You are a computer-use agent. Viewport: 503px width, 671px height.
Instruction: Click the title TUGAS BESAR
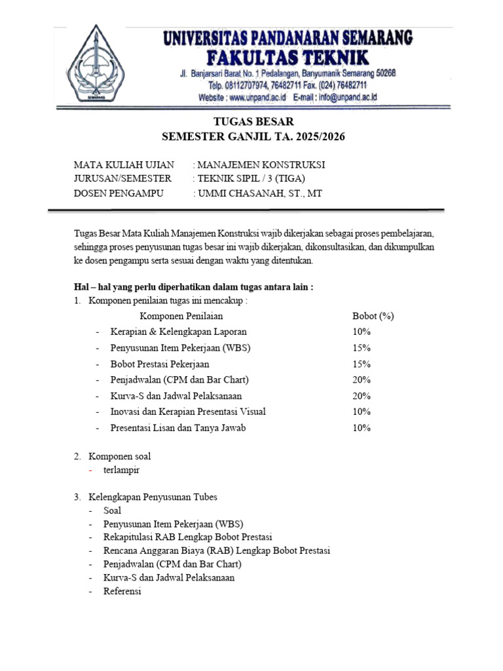(x=253, y=122)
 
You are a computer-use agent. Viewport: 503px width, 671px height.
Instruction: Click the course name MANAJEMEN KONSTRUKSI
(x=261, y=164)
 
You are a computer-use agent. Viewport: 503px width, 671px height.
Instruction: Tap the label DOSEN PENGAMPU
(x=118, y=193)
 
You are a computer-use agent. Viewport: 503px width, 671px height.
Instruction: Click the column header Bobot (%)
(x=373, y=316)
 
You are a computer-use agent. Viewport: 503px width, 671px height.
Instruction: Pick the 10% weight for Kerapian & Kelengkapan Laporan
(x=362, y=332)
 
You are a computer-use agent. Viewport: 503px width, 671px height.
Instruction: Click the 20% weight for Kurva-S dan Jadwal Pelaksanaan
(x=362, y=396)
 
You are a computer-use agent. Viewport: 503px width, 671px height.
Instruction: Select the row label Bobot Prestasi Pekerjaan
(x=160, y=364)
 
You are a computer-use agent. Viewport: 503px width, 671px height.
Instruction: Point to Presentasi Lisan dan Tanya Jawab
(x=178, y=428)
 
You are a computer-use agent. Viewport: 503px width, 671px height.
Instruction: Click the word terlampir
(x=121, y=470)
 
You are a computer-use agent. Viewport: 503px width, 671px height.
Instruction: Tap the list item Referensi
(x=122, y=591)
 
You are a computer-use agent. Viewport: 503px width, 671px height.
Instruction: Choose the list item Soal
(x=112, y=510)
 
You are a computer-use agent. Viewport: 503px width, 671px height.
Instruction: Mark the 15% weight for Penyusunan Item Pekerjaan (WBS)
(x=362, y=348)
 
